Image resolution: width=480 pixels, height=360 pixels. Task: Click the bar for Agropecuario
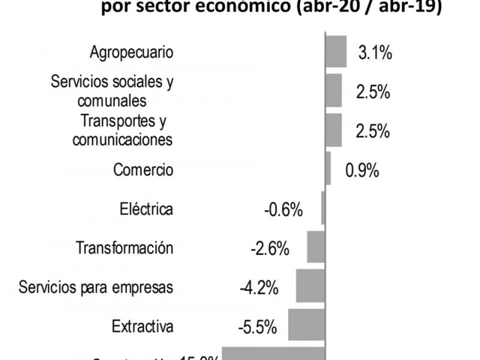336,52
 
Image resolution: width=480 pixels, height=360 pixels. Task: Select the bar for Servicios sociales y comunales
334,91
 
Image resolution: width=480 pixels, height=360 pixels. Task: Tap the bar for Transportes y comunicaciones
334,130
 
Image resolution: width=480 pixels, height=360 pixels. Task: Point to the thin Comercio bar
328,169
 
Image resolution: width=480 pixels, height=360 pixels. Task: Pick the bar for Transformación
316,247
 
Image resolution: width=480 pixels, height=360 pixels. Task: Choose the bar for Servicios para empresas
311,286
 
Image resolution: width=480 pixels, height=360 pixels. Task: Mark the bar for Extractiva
307,325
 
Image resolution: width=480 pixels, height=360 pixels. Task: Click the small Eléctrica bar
323,208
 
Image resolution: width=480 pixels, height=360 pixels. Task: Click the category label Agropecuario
131,52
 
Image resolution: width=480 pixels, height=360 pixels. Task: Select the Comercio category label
143,170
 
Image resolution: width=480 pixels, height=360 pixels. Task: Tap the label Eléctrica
146,209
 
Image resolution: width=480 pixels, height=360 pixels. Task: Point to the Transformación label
125,248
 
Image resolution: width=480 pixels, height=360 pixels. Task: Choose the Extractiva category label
143,326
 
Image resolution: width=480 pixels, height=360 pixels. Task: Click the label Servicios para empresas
96,287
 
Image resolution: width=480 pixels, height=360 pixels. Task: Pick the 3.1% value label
375,53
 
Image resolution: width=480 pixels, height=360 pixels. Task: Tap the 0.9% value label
362,170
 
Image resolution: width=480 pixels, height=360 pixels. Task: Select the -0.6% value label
283,210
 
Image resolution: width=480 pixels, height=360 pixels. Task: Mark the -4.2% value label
259,288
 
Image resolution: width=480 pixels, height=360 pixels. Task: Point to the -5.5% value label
257,328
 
